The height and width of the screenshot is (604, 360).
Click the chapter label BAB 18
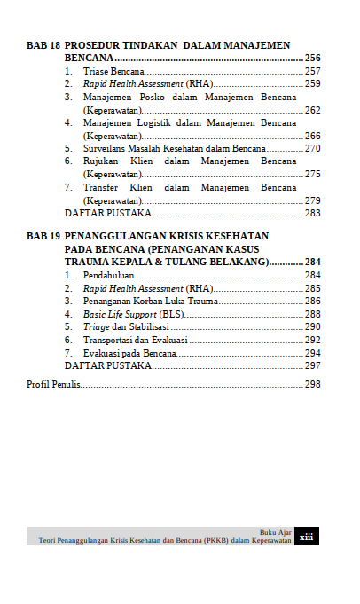pos(43,44)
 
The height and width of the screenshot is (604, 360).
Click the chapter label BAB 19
pos(43,237)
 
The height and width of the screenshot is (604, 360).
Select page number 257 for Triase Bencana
pos(312,71)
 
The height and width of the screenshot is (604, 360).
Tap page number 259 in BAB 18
pos(312,83)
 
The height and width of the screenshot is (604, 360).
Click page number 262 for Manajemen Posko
pos(312,110)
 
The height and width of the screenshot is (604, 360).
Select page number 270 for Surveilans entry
pos(312,149)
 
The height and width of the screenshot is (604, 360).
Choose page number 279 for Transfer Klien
pos(312,201)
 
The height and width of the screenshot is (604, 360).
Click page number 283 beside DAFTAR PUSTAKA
pos(312,214)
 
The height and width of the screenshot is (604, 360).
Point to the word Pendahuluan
pos(114,276)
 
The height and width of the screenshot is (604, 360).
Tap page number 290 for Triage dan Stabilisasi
pos(312,327)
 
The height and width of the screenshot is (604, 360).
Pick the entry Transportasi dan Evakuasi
pos(134,341)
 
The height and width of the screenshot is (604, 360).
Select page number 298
pos(312,385)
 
